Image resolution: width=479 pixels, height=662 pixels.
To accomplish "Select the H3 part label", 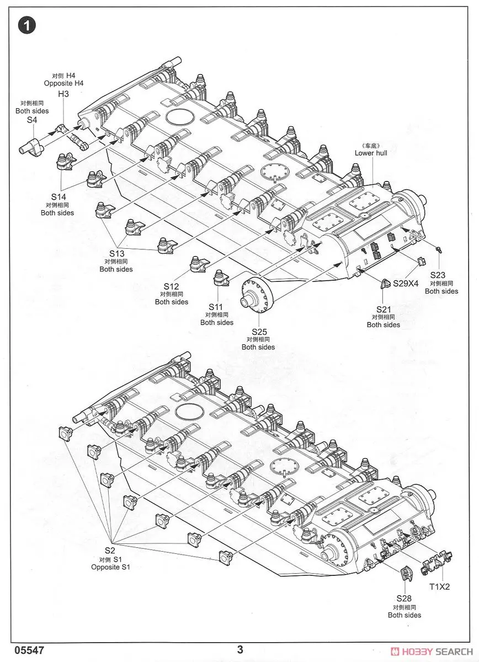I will click(63, 95).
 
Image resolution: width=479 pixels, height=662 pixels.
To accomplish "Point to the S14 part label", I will click(58, 196).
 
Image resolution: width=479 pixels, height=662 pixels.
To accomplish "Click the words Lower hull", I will click(371, 153).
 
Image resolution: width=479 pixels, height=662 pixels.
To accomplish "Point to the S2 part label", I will click(110, 551).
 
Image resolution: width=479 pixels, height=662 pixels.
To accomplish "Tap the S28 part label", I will click(404, 599).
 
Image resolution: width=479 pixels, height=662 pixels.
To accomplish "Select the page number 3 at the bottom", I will click(240, 649).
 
